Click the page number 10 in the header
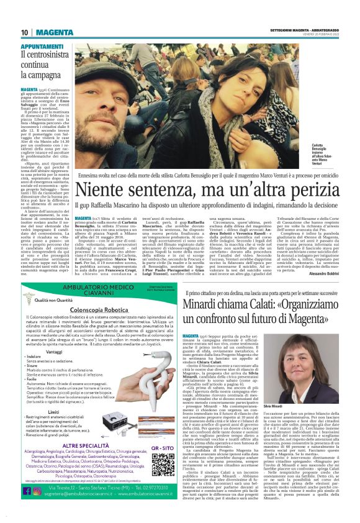(x=24, y=32)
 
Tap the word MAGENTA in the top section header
(x=51, y=32)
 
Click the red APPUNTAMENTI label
(x=41, y=47)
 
